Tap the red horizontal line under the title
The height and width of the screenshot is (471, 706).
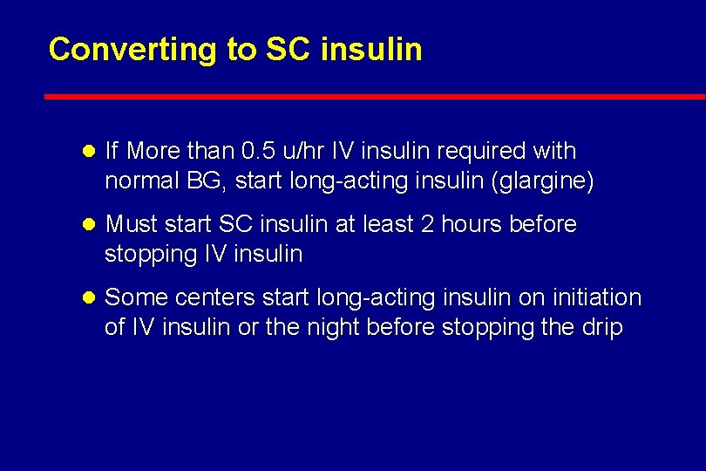click(x=375, y=96)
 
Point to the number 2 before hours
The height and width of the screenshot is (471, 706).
click(x=426, y=224)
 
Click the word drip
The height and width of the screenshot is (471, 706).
click(x=604, y=328)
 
